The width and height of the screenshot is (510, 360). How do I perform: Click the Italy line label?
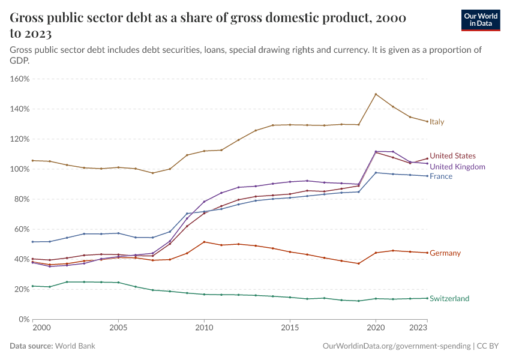(x=436, y=122)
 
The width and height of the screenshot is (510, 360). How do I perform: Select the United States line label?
(x=452, y=156)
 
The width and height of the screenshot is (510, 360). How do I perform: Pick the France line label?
(x=440, y=176)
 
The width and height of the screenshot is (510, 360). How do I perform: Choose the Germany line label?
(x=445, y=253)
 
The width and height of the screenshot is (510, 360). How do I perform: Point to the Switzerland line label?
(x=449, y=299)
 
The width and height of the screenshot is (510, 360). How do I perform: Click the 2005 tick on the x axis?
(x=118, y=329)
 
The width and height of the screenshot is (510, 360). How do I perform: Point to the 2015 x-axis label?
(x=290, y=329)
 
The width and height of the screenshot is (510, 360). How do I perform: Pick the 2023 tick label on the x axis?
(x=419, y=329)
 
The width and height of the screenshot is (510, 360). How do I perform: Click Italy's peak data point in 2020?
(x=376, y=94)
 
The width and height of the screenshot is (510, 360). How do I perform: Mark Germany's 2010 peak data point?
(x=204, y=242)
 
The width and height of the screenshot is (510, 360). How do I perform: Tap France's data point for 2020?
(x=376, y=173)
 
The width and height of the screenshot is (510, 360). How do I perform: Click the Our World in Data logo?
(x=480, y=20)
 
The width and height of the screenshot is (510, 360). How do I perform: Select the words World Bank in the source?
(x=75, y=346)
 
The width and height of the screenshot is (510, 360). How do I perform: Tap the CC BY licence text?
(x=489, y=346)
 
